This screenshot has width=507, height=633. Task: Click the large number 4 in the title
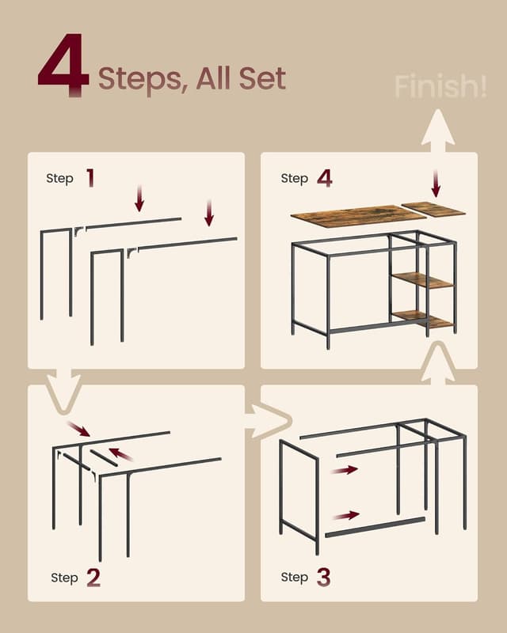(63, 65)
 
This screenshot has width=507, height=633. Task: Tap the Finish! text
(440, 87)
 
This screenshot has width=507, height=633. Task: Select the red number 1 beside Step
(90, 178)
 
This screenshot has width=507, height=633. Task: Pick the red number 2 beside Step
(93, 578)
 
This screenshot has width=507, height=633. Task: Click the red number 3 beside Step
(323, 578)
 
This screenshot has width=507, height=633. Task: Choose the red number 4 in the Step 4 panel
(324, 178)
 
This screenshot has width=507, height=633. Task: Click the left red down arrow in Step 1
(139, 199)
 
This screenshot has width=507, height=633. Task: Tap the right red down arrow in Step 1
(209, 212)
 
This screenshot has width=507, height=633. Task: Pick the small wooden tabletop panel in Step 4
(433, 210)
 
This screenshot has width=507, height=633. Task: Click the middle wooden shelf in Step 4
(422, 280)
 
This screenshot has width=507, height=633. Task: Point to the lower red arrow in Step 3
(345, 515)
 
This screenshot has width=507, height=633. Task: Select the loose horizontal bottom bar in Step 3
(375, 527)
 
